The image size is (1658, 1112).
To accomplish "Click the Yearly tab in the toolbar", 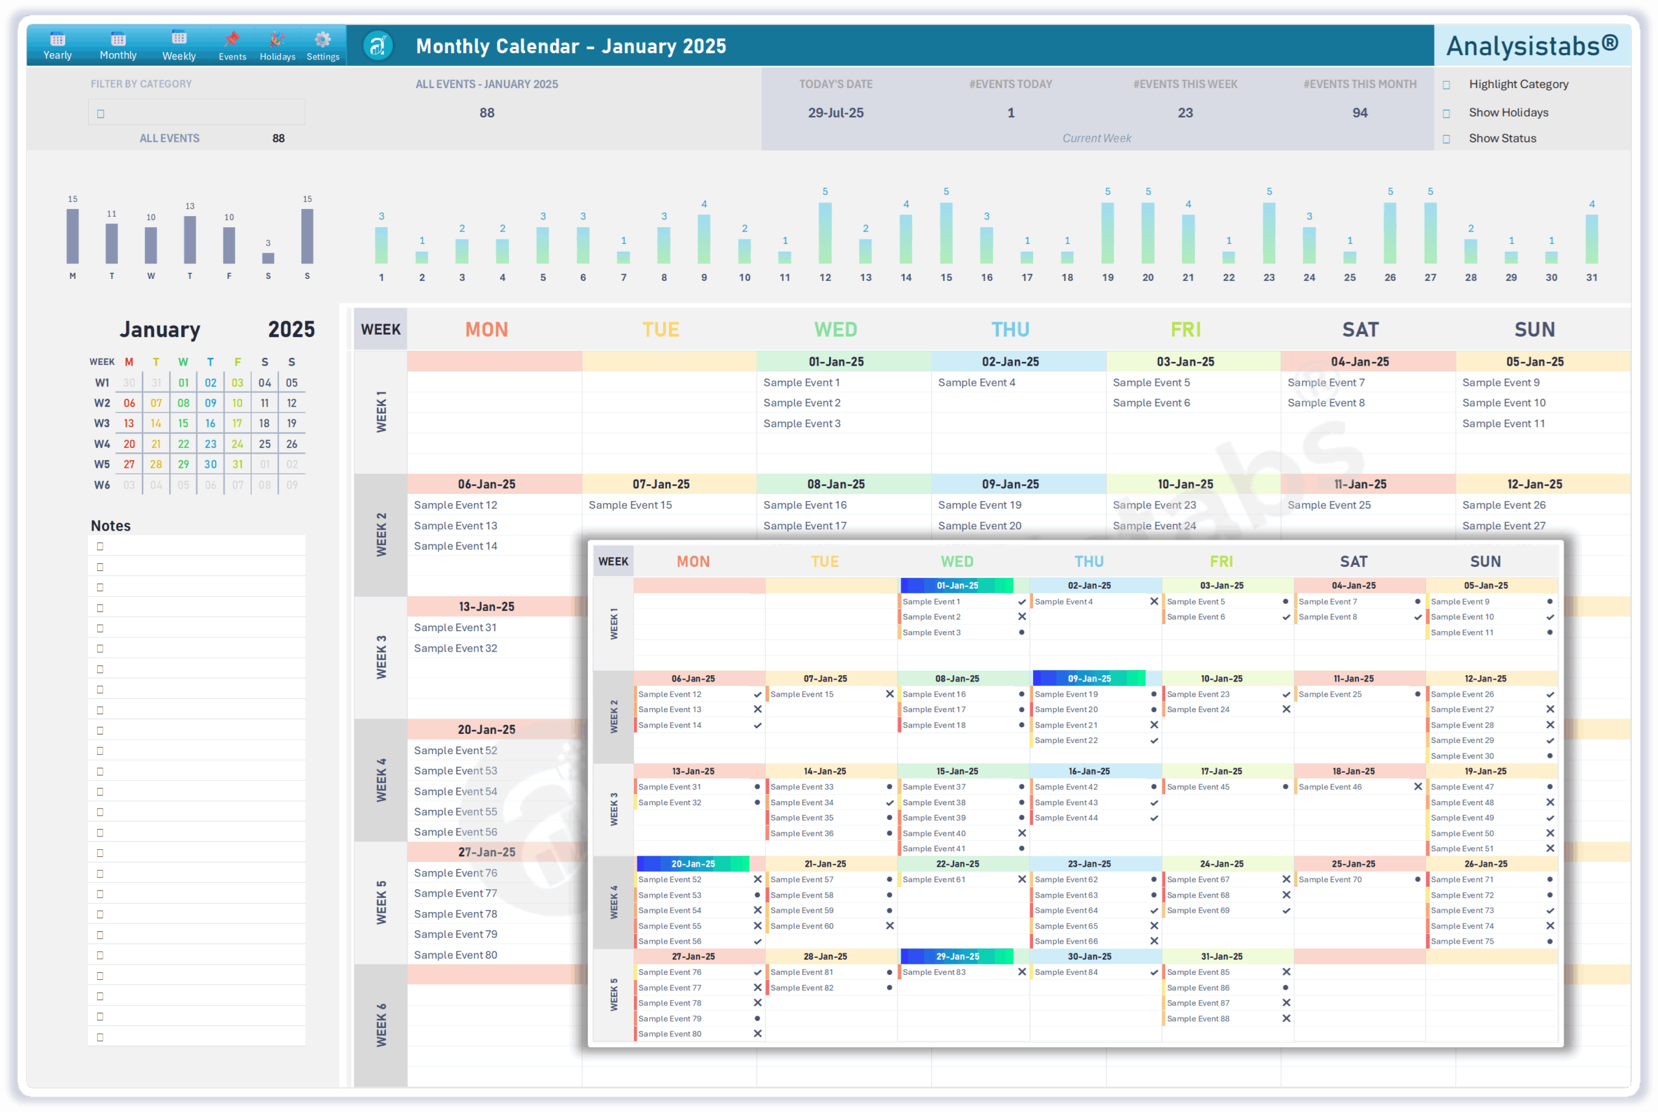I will [58, 46].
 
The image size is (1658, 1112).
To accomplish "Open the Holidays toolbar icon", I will [277, 46].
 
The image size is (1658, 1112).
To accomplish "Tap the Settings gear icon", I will [323, 39].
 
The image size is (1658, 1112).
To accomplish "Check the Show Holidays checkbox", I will [1446, 113].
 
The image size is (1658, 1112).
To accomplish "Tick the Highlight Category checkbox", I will [1446, 85].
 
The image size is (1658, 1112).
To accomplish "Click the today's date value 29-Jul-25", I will [835, 113].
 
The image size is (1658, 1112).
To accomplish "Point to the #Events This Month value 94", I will [1359, 113].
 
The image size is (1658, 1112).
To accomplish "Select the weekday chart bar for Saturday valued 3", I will [268, 258].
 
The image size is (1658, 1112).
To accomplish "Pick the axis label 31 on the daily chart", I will [1591, 277].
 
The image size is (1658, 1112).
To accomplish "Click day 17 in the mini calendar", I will [237, 423].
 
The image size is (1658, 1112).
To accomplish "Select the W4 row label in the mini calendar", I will [102, 444].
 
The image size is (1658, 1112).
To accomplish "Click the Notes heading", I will [111, 526].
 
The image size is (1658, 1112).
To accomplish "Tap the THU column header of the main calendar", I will [1010, 329].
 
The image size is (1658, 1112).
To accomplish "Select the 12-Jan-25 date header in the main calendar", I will [1534, 484].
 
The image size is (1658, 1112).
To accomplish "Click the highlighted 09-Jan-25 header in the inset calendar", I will [1089, 679].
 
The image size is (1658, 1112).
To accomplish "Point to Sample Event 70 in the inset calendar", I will [1330, 880].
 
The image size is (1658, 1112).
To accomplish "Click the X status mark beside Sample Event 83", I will [1021, 972].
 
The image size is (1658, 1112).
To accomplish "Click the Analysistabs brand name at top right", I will [1532, 46].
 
